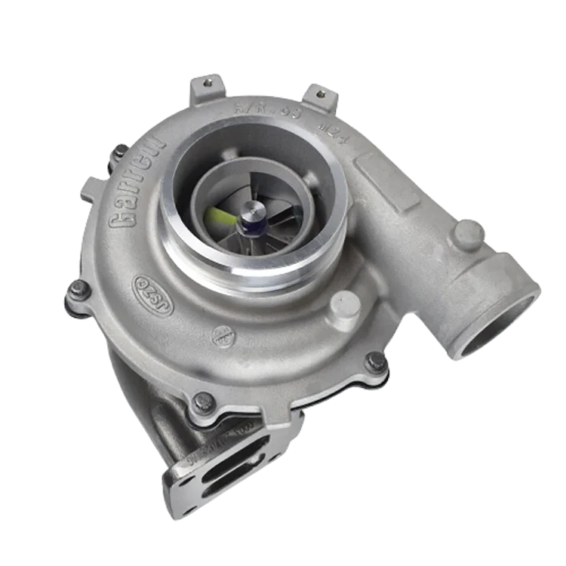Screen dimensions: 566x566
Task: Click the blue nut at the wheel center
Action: coord(248,223)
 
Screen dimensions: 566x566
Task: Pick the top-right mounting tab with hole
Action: coord(322,95)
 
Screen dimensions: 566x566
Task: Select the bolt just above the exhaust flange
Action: coord(201,402)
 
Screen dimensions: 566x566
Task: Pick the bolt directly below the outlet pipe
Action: coord(375,361)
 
